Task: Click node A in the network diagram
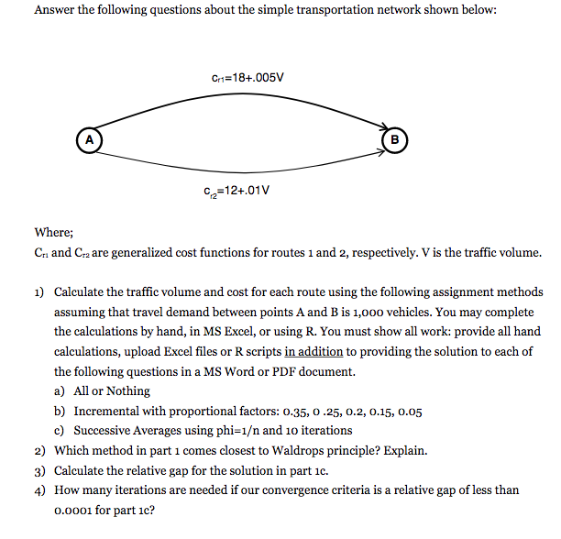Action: coord(89,139)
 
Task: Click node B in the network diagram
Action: coord(395,139)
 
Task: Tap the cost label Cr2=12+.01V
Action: coord(236,192)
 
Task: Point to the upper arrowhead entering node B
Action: coord(379,127)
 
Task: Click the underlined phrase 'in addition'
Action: coord(315,351)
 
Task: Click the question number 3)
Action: coord(40,471)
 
